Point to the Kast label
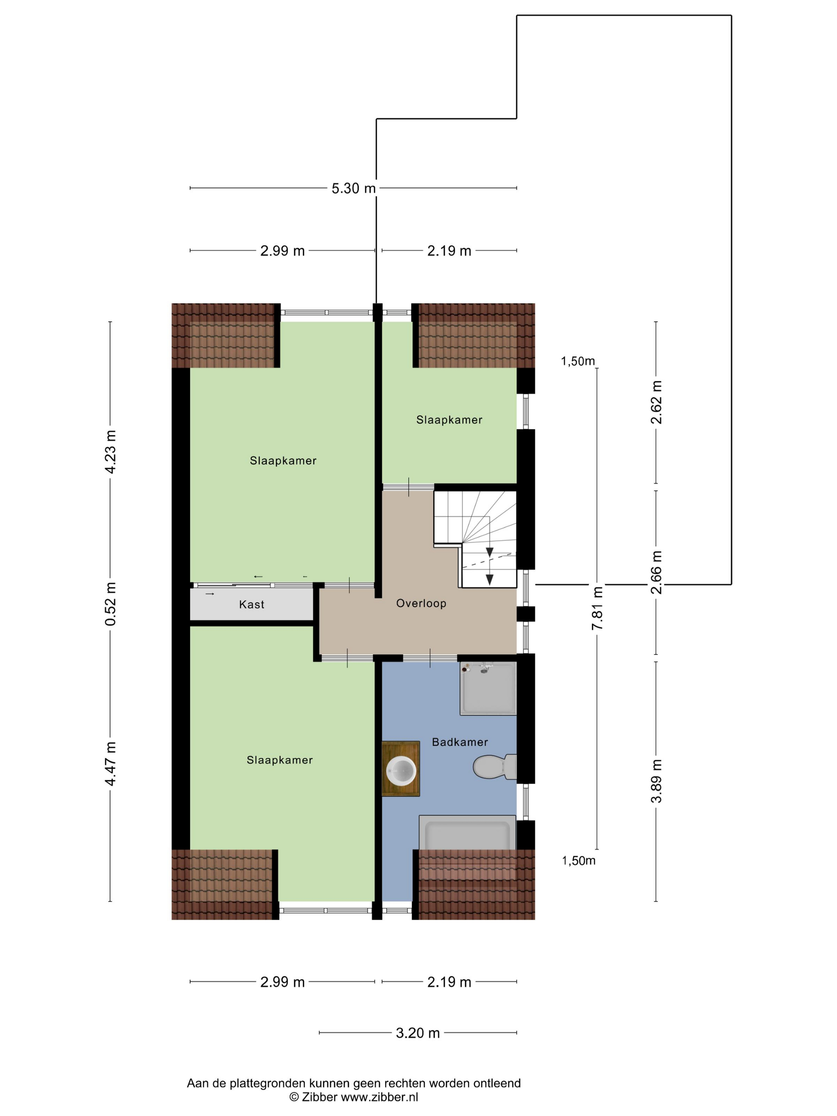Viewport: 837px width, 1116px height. [252, 604]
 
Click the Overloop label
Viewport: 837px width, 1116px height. [421, 603]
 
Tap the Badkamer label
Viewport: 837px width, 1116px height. [460, 742]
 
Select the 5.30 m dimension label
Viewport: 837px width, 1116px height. [354, 188]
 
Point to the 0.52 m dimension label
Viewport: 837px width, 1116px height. [110, 603]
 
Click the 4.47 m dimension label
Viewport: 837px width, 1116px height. [110, 764]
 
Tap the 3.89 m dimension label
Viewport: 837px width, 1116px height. [656, 780]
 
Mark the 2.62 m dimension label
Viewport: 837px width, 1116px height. [656, 402]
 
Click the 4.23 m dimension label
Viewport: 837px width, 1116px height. [110, 452]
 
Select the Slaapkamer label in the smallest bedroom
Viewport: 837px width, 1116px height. [449, 420]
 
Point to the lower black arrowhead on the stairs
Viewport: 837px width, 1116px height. [489, 579]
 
